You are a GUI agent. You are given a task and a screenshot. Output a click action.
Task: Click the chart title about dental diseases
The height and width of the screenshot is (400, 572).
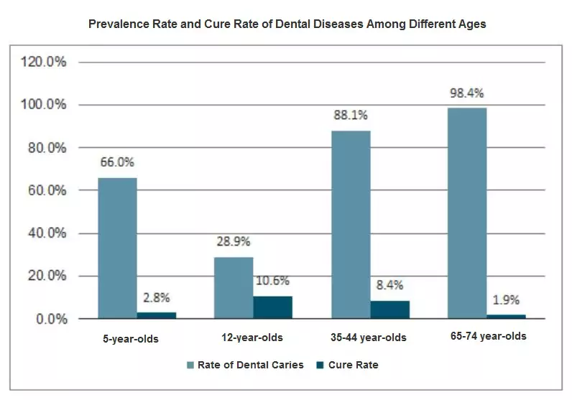[x=287, y=24]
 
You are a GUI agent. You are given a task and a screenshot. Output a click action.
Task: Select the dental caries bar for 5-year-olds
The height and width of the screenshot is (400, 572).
[x=117, y=248]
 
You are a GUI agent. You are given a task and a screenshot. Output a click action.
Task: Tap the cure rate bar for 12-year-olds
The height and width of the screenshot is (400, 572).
[x=272, y=307]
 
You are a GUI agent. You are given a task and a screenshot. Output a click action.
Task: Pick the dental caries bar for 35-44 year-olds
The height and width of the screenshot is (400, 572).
[x=351, y=224]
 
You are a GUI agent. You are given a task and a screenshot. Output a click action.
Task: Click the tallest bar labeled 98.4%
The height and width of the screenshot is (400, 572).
[x=467, y=213]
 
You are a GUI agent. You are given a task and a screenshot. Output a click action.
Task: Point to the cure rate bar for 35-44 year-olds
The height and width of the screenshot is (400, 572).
[x=389, y=310]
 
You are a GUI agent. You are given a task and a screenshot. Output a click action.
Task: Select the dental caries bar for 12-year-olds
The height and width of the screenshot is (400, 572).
[x=234, y=287]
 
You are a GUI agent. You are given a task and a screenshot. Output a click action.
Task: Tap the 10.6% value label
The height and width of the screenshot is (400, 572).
[x=272, y=281]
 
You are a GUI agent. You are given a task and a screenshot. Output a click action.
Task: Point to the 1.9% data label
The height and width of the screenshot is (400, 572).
[x=506, y=299]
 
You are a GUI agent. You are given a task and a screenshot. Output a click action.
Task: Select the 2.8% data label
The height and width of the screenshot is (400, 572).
[x=156, y=297]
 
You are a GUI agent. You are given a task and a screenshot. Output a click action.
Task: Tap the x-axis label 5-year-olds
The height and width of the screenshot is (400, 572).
[x=130, y=338]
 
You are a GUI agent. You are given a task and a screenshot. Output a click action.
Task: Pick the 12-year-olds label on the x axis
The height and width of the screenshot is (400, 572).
[x=251, y=338]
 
